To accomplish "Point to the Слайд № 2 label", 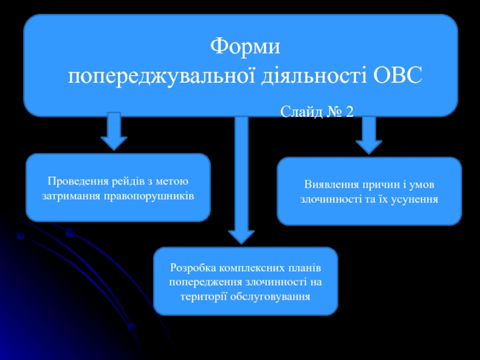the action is (316, 112).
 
